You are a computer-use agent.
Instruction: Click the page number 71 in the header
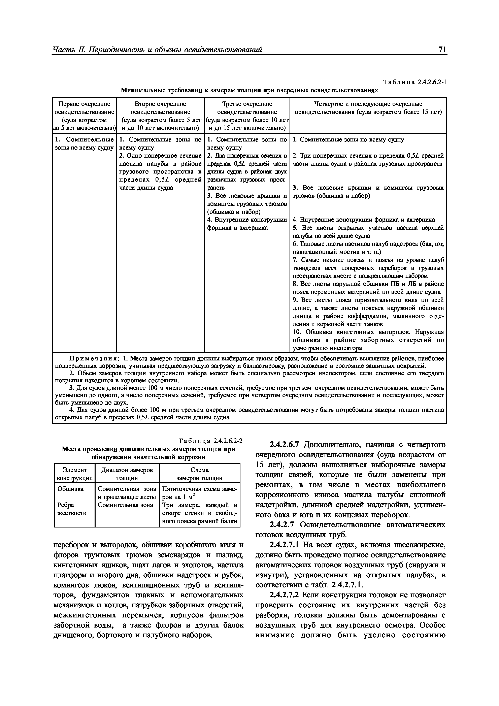[x=442, y=50]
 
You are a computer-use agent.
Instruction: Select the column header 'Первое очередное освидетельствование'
[x=84, y=108]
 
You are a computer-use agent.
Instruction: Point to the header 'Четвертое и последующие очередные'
[x=368, y=104]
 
